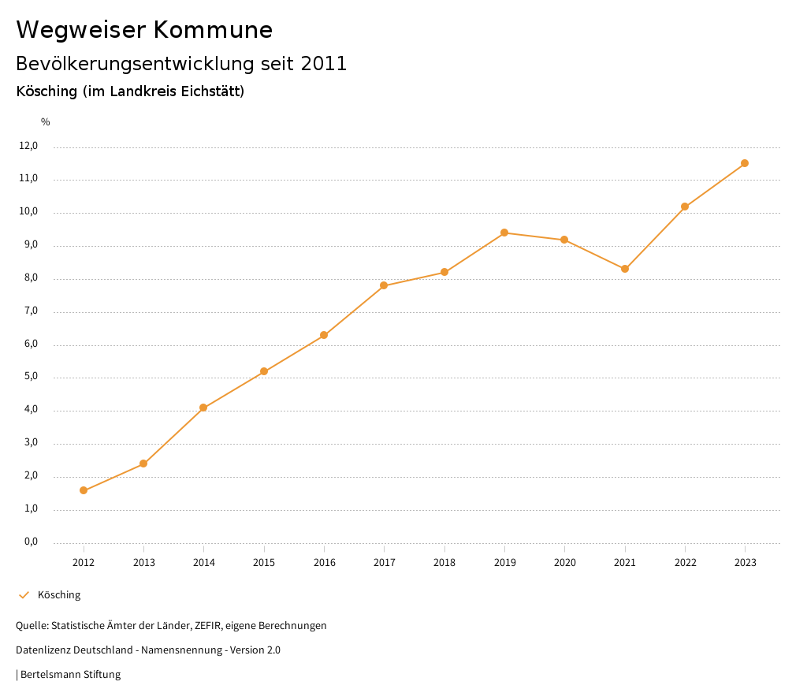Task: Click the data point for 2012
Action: click(84, 490)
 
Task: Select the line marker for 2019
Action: click(504, 233)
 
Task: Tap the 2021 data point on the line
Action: click(625, 269)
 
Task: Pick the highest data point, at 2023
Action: click(745, 163)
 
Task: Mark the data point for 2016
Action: click(324, 335)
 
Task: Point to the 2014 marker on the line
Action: click(203, 408)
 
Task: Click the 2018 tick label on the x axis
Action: click(444, 562)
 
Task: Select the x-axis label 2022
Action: click(685, 562)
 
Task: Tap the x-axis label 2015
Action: click(264, 562)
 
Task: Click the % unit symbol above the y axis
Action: click(46, 121)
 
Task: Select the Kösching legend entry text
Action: click(59, 595)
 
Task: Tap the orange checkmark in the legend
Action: click(24, 595)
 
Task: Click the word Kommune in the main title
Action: click(213, 30)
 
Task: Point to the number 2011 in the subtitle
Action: click(324, 64)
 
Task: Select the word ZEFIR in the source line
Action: click(208, 626)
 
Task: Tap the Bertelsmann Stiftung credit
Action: click(70, 675)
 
